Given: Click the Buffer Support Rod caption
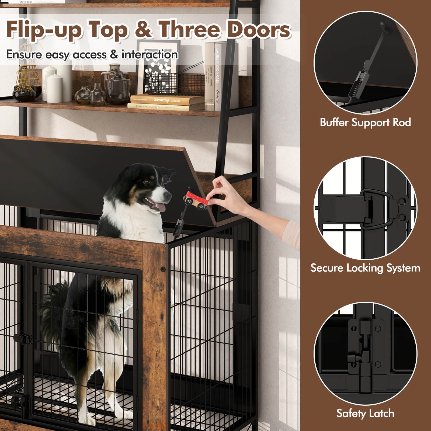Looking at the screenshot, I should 365,123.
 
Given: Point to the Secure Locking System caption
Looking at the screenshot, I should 365,268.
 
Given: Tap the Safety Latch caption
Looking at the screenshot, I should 365,413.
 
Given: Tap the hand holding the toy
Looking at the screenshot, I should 229,194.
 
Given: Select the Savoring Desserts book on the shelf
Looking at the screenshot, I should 167,100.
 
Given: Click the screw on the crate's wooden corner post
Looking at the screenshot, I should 162,269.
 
